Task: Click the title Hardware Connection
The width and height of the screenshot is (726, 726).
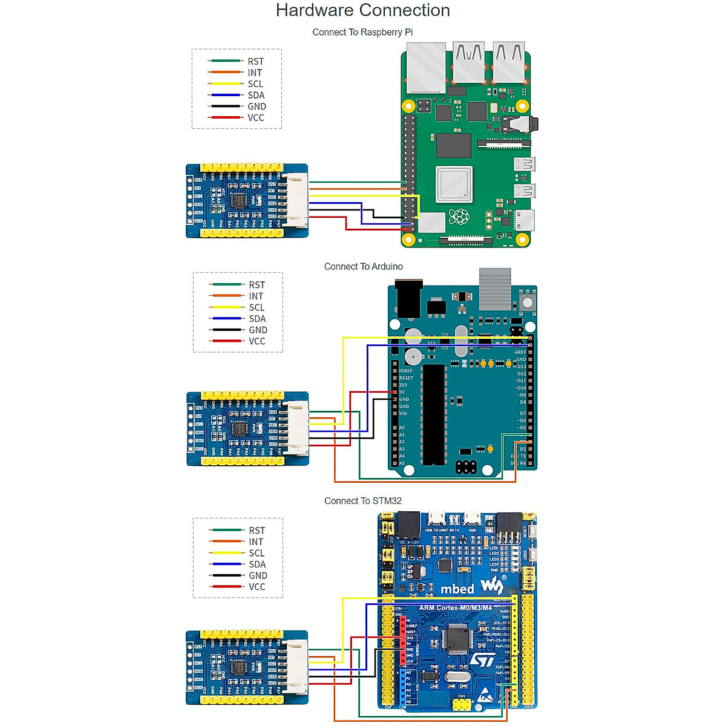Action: [x=362, y=10]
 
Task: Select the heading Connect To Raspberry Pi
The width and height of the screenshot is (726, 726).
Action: [x=362, y=32]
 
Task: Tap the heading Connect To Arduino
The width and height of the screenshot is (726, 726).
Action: [x=363, y=266]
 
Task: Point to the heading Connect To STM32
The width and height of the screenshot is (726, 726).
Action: [x=362, y=501]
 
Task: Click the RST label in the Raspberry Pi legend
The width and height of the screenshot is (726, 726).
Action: [x=255, y=61]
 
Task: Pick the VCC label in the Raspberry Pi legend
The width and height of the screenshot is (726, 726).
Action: [x=255, y=117]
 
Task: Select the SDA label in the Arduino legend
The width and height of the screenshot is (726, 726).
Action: [x=257, y=319]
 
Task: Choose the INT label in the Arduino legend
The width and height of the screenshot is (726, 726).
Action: [x=256, y=296]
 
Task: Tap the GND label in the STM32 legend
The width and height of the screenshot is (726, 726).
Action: [x=258, y=575]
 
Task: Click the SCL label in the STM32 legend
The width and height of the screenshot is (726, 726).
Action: [x=257, y=553]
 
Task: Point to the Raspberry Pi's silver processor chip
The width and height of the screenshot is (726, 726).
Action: [x=454, y=185]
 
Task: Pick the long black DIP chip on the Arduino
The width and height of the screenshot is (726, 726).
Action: [x=433, y=414]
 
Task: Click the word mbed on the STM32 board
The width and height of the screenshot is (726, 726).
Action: [x=457, y=589]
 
